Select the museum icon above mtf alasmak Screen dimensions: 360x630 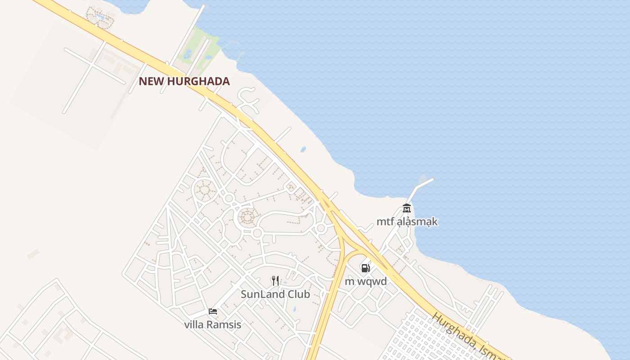click(407, 208)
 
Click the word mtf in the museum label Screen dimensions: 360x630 click(385, 222)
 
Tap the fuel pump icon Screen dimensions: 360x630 click(365, 268)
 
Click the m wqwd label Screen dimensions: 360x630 click(365, 282)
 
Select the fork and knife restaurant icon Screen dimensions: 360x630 click(275, 281)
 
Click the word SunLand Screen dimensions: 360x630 click(260, 294)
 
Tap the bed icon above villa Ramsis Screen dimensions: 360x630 click(213, 311)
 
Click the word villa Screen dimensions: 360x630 click(194, 324)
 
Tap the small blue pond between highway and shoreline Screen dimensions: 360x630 click(303, 149)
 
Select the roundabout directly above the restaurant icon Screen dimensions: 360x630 click(257, 233)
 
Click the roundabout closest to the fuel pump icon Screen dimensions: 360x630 click(321, 229)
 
